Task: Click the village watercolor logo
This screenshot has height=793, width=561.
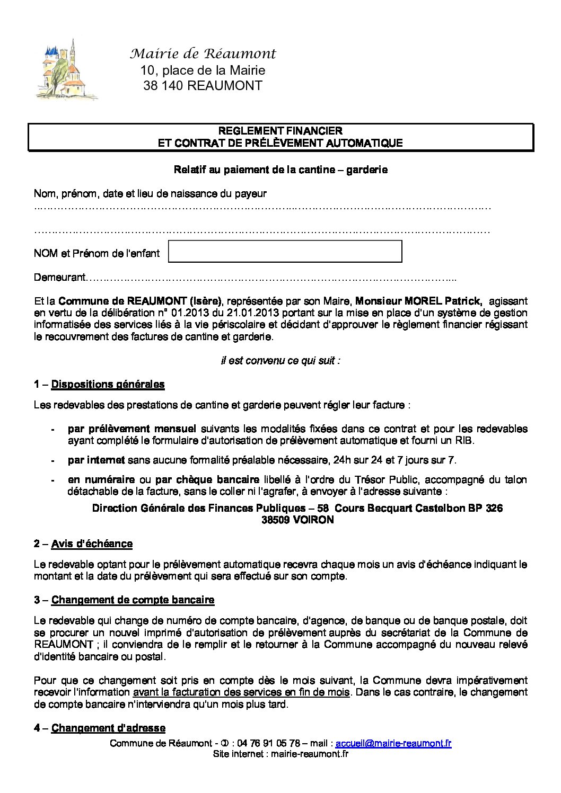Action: (66, 70)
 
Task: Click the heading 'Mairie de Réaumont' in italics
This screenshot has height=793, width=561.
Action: (203, 54)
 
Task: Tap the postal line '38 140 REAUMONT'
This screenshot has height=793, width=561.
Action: (203, 86)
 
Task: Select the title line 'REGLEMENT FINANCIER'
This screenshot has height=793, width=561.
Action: (280, 131)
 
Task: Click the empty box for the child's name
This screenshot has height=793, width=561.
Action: (285, 251)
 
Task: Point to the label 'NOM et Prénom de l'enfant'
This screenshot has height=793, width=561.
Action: (97, 254)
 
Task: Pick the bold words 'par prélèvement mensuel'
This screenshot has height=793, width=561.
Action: (132, 429)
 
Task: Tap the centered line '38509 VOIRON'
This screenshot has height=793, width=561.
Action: (297, 520)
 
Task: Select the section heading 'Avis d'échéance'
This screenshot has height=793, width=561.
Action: (92, 544)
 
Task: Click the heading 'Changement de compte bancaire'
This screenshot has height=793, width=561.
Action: (133, 600)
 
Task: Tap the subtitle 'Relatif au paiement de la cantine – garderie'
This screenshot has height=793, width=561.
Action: (280, 170)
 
